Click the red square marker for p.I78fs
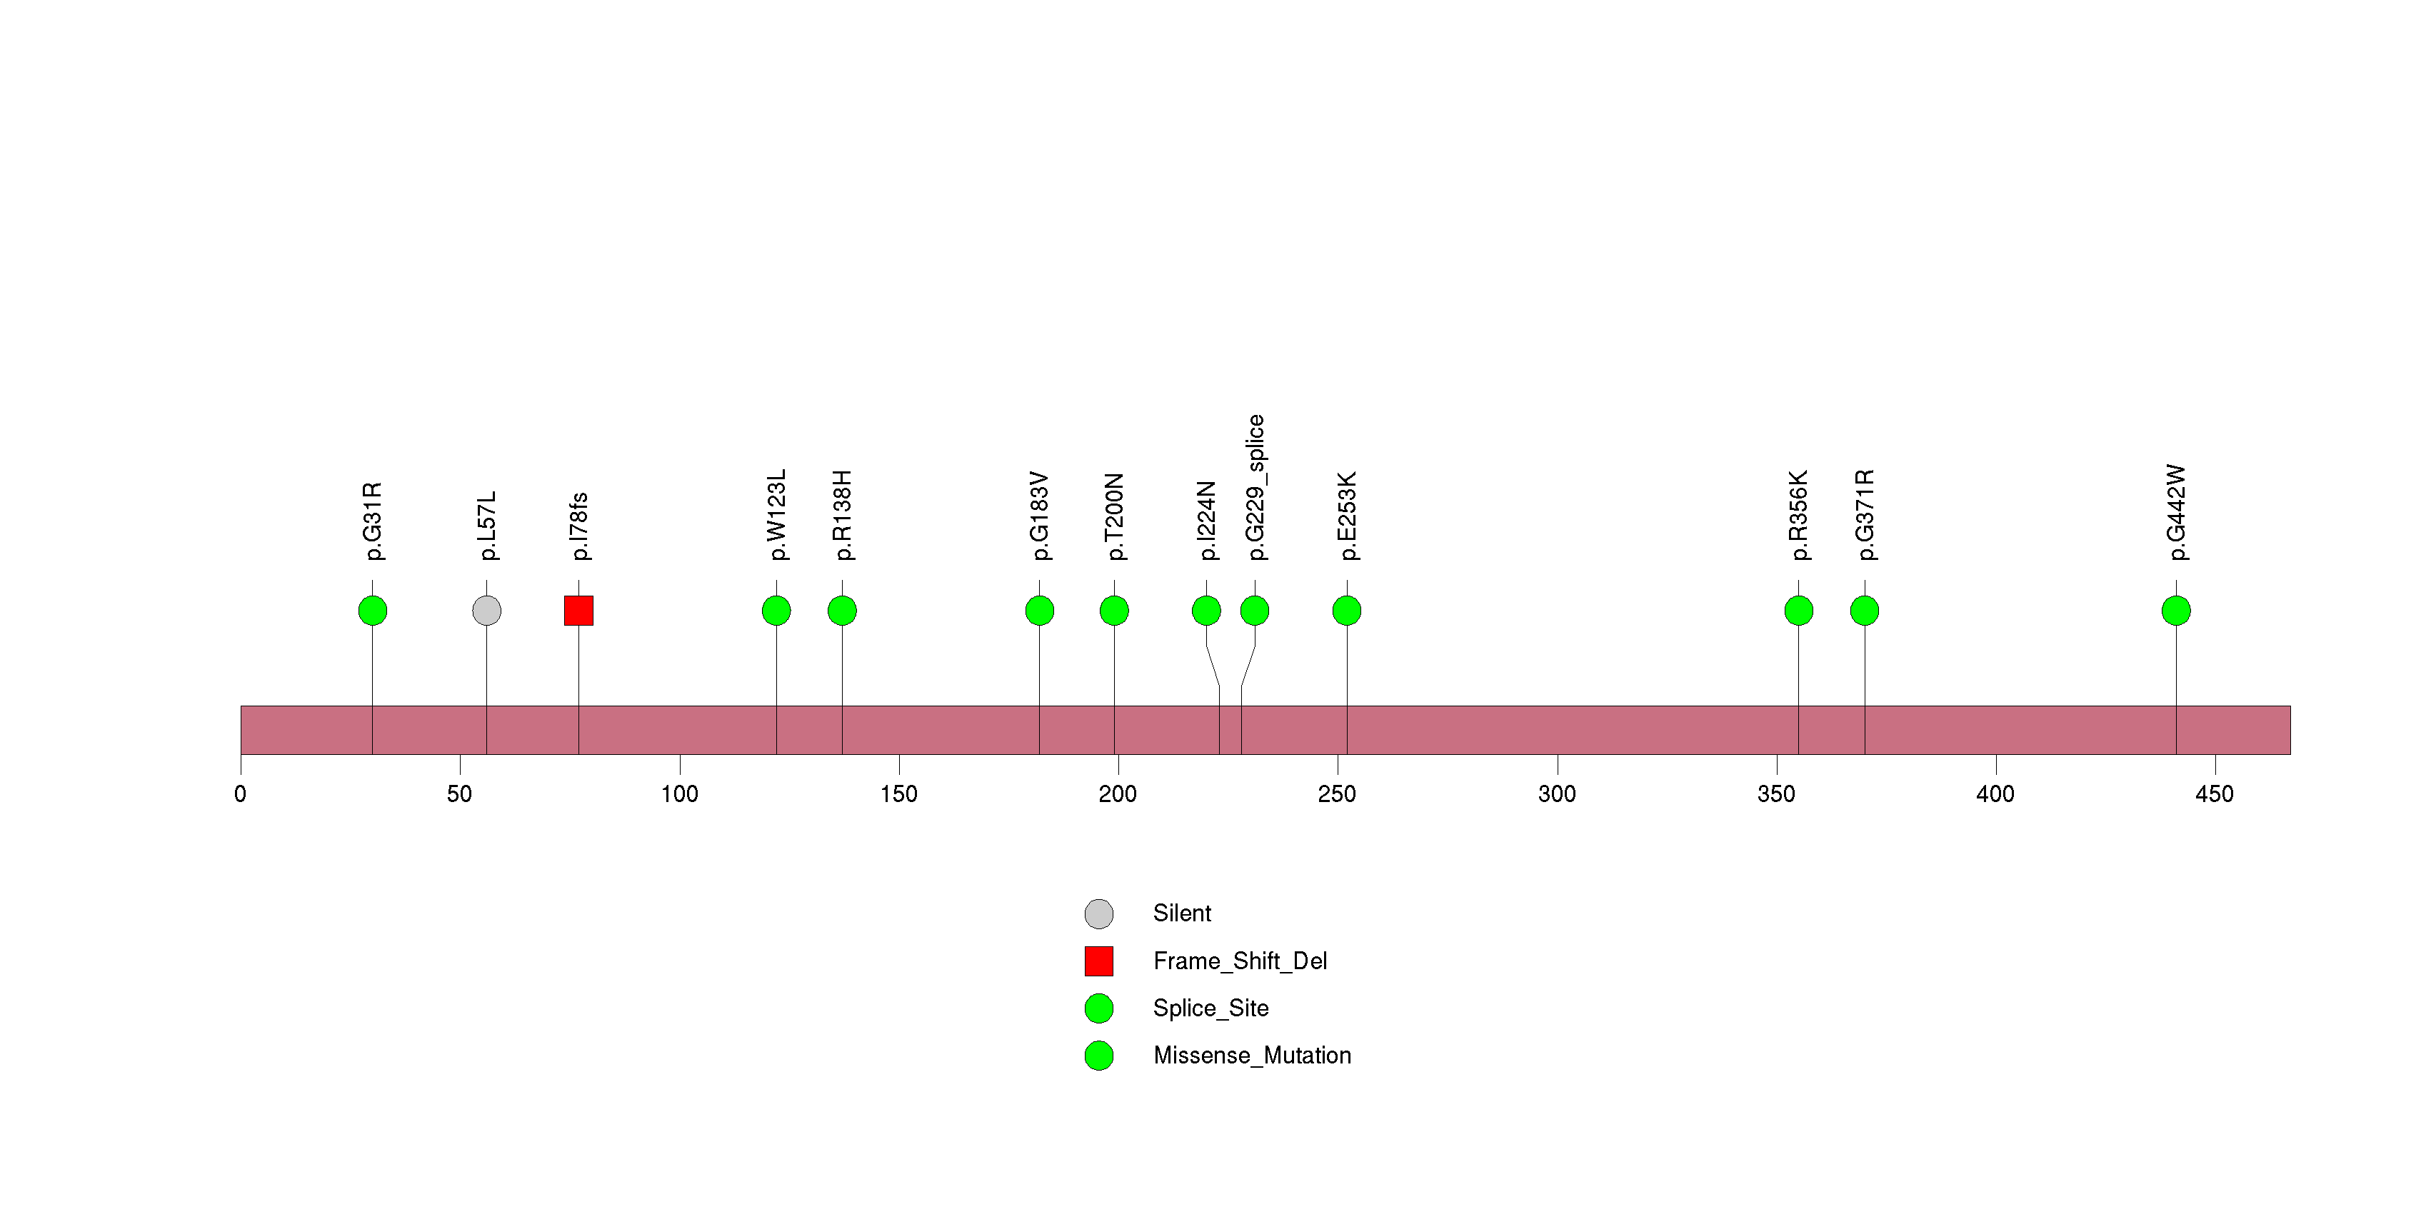[x=578, y=611]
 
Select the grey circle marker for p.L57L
[x=486, y=611]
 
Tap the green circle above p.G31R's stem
[x=373, y=611]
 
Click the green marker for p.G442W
[x=2176, y=611]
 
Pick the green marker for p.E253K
[x=1347, y=611]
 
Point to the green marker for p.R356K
[x=1799, y=611]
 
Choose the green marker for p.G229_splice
[x=1255, y=611]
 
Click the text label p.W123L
[x=777, y=515]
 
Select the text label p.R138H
[x=843, y=516]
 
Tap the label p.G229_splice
[x=1255, y=488]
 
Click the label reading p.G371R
[x=1865, y=515]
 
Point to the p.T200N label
[x=1114, y=516]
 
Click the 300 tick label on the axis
[x=1558, y=794]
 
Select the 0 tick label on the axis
[x=241, y=794]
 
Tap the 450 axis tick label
[x=2215, y=794]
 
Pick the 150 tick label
[x=898, y=794]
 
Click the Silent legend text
[x=1182, y=913]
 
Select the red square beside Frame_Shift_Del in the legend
[x=1099, y=961]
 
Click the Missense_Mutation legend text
[x=1253, y=1056]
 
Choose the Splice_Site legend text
[x=1211, y=1008]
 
